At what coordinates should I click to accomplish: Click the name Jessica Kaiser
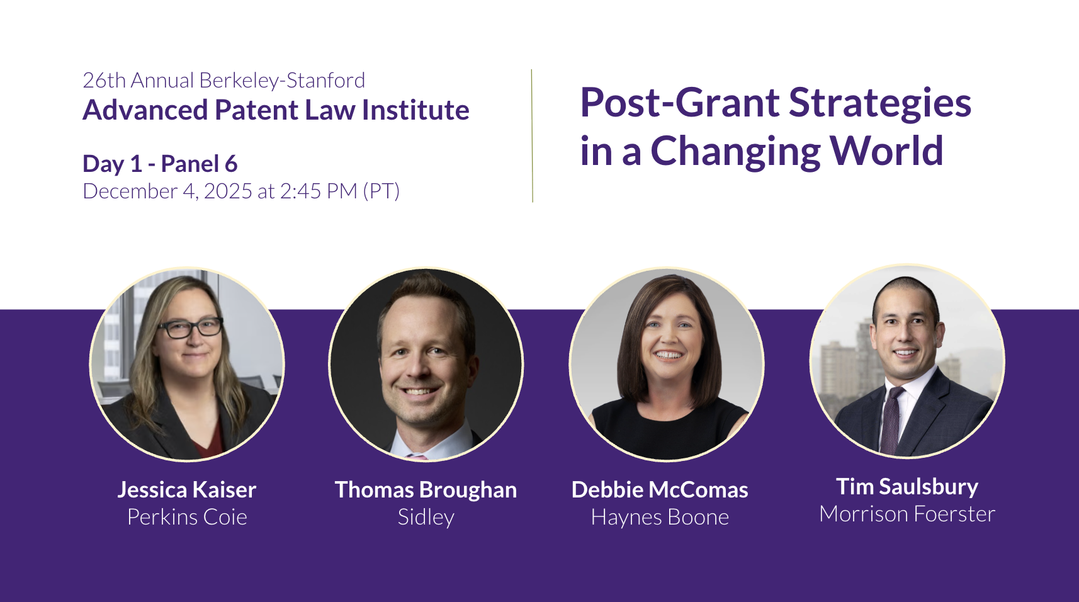coord(187,490)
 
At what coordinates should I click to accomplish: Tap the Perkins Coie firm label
coord(187,517)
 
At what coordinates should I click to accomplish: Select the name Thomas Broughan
coord(426,490)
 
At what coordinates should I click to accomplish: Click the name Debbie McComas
coord(660,490)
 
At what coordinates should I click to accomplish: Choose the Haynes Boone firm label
coord(660,518)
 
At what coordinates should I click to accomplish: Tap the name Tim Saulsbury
coord(907,487)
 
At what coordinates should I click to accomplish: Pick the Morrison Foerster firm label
coord(907,514)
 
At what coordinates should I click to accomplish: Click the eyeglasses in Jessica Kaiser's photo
coord(190,327)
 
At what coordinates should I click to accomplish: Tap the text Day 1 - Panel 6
coord(160,164)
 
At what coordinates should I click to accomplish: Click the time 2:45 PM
coord(319,191)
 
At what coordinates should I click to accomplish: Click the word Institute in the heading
coord(415,110)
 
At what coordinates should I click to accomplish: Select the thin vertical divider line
coord(533,136)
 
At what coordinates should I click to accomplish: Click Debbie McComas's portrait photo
coord(667,364)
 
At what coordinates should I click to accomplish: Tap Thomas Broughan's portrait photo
coord(426,365)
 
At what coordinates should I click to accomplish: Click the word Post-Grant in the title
coord(680,103)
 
